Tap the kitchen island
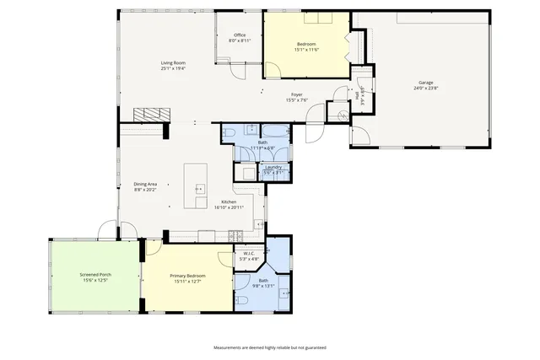(x=196, y=186)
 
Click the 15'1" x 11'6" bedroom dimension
(x=306, y=49)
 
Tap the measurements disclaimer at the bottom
(x=269, y=347)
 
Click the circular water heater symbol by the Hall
(x=343, y=116)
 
